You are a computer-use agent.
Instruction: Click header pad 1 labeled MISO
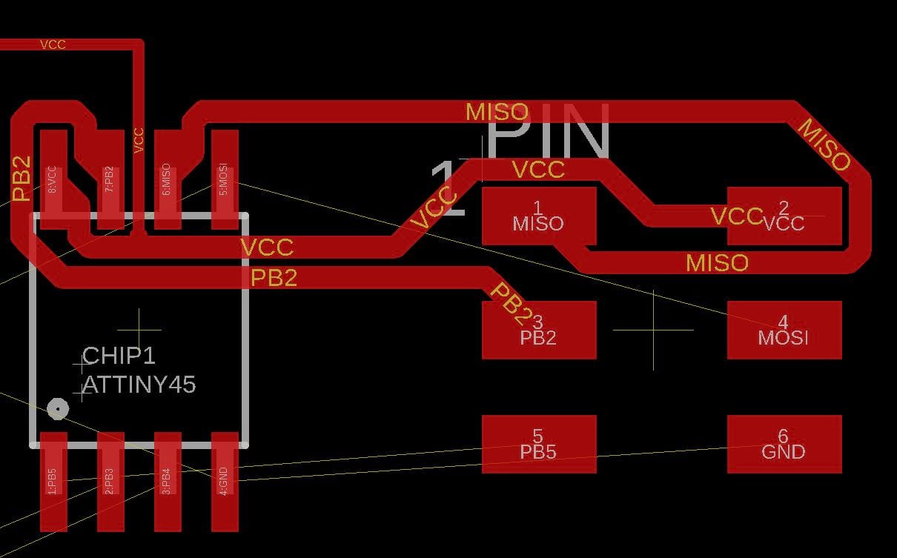click(539, 216)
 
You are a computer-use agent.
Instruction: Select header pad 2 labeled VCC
click(784, 216)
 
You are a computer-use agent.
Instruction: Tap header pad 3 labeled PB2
click(539, 330)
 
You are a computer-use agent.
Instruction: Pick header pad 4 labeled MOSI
click(784, 330)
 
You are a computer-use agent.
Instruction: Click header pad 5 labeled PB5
click(539, 444)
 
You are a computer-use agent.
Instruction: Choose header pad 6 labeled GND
click(784, 444)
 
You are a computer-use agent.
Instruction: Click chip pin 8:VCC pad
click(53, 180)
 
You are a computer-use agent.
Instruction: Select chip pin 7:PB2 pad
click(110, 180)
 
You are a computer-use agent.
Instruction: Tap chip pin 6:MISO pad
click(167, 180)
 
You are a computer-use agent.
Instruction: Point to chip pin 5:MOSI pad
click(225, 180)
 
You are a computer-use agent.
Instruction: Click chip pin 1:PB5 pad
click(53, 482)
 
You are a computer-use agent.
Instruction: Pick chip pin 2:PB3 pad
click(110, 482)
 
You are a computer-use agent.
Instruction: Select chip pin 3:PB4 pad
click(167, 482)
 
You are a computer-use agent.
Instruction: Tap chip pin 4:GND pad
click(225, 482)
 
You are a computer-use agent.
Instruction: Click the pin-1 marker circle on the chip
click(57, 408)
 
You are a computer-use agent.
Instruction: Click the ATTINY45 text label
click(139, 385)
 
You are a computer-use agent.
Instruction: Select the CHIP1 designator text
click(119, 356)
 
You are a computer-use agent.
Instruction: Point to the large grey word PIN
click(549, 133)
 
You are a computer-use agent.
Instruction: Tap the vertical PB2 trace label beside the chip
click(22, 179)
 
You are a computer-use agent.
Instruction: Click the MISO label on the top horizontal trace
click(497, 113)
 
